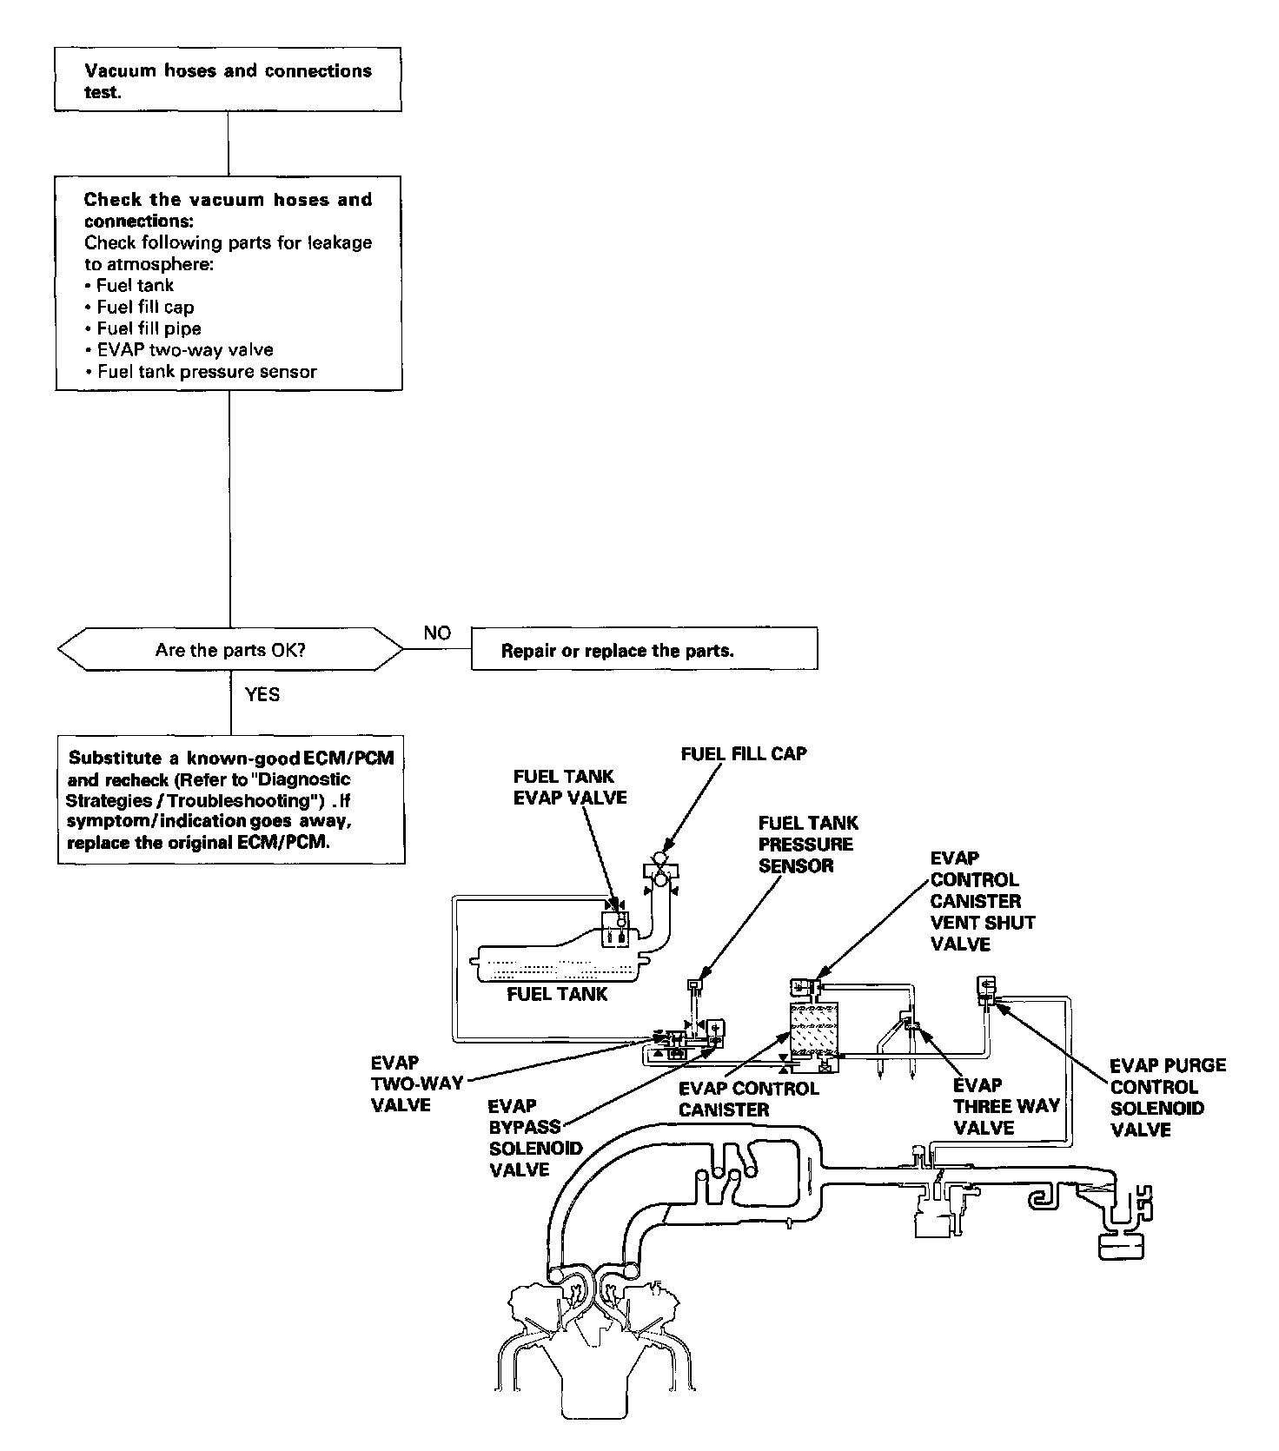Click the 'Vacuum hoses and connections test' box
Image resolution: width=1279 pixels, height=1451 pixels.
coord(228,80)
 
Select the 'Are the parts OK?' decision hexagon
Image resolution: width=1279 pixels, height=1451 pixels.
coord(230,650)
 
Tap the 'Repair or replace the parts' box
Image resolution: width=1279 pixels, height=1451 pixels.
coord(644,650)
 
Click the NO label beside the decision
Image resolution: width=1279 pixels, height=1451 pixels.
coord(437,633)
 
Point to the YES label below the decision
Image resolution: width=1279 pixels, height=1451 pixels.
coord(262,694)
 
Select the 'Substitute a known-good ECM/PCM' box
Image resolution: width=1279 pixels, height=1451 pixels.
coord(231,799)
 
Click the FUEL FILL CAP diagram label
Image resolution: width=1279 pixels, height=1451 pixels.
coord(743,753)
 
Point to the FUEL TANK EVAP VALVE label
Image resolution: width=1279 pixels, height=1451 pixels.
coord(569,786)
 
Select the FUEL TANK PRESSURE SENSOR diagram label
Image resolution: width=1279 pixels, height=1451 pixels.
coord(807,844)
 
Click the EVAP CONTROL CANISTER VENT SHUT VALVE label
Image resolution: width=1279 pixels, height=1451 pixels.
coord(982,901)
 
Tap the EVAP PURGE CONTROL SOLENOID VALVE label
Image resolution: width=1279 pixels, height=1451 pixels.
coord(1167,1097)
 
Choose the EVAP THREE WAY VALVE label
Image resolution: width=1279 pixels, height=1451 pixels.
coord(1005,1106)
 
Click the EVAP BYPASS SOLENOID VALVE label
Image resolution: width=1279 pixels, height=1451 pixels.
coord(534,1137)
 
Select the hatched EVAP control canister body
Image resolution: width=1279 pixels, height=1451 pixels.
coord(814,1029)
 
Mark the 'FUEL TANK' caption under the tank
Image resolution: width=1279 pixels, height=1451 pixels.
coord(556,994)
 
